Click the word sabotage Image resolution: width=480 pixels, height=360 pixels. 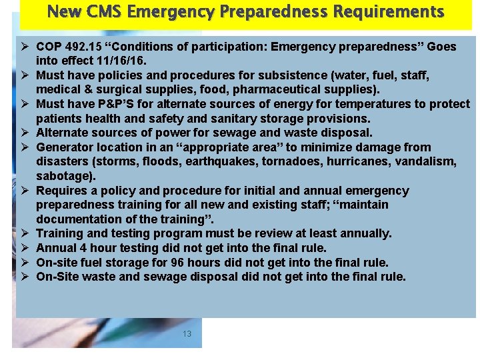[65, 177]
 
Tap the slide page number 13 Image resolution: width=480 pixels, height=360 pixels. [187, 334]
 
